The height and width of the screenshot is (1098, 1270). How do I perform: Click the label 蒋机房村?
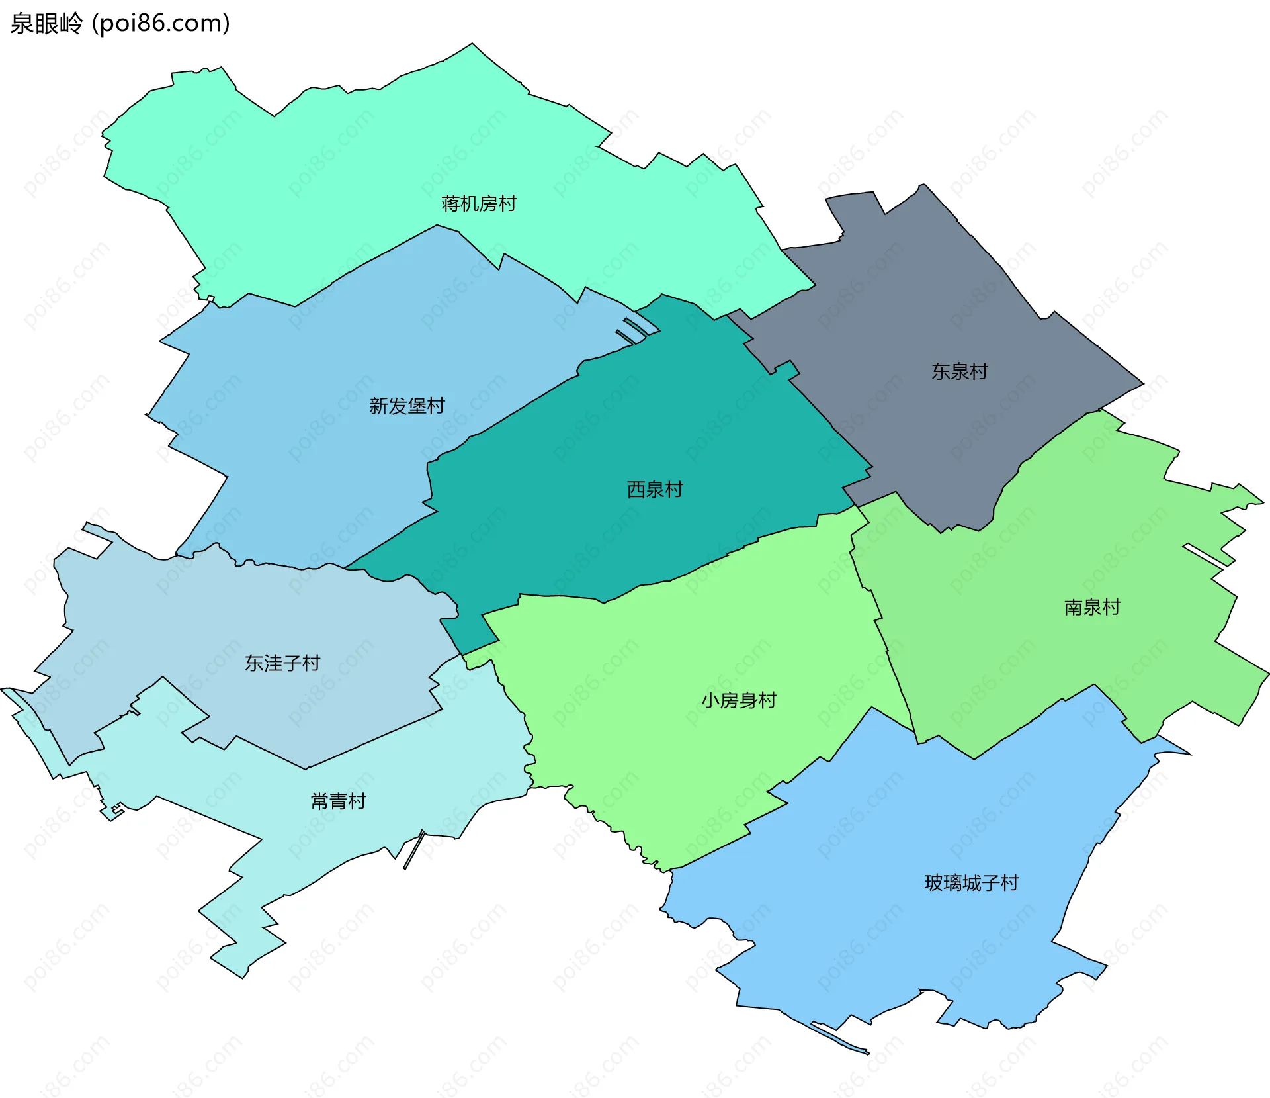click(x=479, y=203)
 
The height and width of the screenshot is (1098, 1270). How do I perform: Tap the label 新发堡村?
click(x=407, y=406)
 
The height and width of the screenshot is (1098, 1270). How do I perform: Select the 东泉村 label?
click(x=959, y=371)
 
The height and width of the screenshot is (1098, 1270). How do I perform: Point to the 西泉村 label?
click(x=654, y=490)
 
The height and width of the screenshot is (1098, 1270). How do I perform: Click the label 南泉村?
click(x=1092, y=607)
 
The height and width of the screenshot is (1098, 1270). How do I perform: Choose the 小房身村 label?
click(x=738, y=700)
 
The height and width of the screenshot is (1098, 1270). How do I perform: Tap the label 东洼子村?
click(x=282, y=663)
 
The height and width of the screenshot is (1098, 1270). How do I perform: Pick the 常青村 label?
click(x=338, y=801)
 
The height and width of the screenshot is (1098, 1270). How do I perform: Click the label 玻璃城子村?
click(x=971, y=883)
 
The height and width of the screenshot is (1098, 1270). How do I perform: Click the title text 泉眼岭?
click(x=46, y=24)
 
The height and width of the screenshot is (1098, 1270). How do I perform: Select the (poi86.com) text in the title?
click(x=161, y=24)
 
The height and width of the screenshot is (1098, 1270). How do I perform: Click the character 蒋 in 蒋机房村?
click(x=450, y=203)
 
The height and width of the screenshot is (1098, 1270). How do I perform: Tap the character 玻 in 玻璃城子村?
click(x=933, y=883)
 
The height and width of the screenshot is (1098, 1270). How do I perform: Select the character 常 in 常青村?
click(x=319, y=801)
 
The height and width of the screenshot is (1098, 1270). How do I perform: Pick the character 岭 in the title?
click(x=71, y=24)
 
